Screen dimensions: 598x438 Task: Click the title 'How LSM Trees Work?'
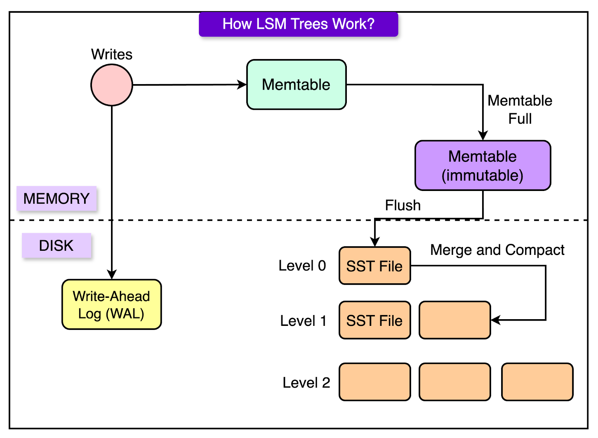299,24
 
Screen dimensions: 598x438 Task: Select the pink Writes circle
112,85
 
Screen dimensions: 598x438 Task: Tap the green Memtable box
296,84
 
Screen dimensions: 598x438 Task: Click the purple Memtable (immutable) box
483,166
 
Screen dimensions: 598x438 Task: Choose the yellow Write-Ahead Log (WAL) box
112,305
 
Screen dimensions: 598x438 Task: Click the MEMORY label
56,198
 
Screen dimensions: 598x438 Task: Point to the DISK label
56,246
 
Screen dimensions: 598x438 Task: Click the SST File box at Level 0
375,266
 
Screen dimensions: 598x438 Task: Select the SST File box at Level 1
375,320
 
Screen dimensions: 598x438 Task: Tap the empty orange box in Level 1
454,320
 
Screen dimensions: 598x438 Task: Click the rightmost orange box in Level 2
537,382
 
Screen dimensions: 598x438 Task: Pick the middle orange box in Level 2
454,382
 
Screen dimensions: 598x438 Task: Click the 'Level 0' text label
302,266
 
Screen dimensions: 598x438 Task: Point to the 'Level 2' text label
306,383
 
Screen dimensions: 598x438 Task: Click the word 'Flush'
403,205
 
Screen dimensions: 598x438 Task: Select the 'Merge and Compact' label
497,250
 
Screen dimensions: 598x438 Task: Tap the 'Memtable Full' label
520,109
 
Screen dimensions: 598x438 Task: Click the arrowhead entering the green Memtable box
242,84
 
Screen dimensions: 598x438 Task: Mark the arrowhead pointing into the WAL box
112,274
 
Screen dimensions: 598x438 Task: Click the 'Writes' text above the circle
112,55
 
